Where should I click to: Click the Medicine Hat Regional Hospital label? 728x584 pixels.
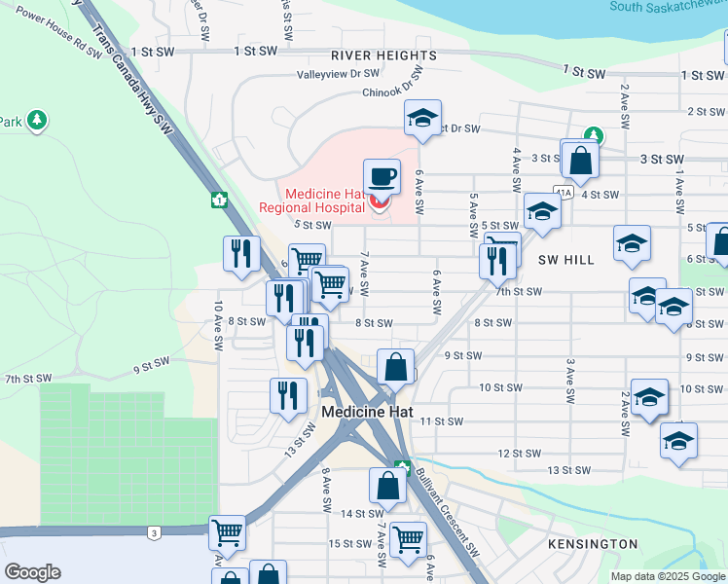pyautogui.click(x=311, y=200)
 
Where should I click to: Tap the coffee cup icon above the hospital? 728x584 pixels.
pyautogui.click(x=382, y=177)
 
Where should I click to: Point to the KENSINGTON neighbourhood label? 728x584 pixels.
pyautogui.click(x=593, y=544)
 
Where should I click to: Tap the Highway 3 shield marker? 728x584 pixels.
pyautogui.click(x=154, y=532)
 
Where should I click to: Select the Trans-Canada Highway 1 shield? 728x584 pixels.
pyautogui.click(x=221, y=200)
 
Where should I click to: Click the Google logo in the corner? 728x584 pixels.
pyautogui.click(x=32, y=572)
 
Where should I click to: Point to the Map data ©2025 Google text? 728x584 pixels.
pyautogui.click(x=668, y=576)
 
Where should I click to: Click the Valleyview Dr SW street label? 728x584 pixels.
pyautogui.click(x=338, y=74)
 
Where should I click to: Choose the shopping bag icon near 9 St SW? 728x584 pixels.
pyautogui.click(x=395, y=369)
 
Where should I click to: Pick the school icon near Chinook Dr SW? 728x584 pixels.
pyautogui.click(x=422, y=119)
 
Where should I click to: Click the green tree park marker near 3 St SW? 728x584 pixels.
pyautogui.click(x=592, y=136)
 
